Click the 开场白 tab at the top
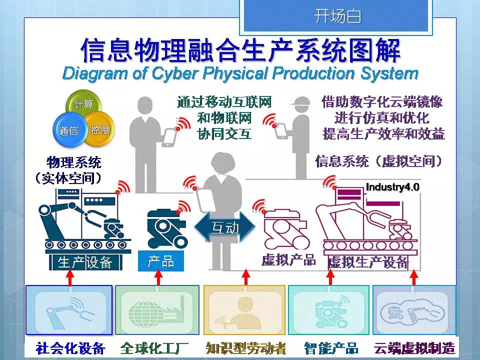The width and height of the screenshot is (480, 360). pos(337,16)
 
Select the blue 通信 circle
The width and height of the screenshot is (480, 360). pos(68,131)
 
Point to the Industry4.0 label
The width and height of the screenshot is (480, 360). pos(392,187)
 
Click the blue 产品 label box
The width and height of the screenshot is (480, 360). pos(160,261)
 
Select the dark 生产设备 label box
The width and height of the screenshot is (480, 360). pos(84,262)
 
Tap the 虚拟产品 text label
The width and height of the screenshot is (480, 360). pos(288,259)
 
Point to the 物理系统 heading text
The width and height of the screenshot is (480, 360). pos(73,162)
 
